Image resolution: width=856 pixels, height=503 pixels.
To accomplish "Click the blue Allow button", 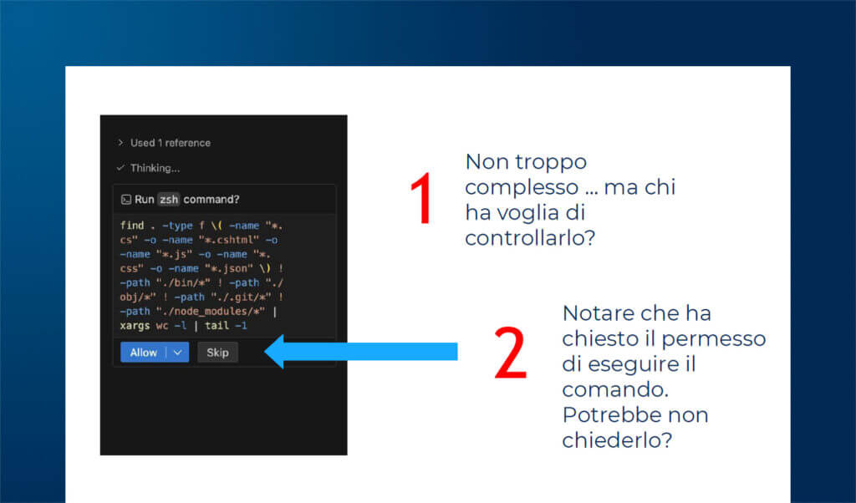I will [143, 353].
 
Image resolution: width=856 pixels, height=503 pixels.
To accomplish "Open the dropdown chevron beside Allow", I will [177, 353].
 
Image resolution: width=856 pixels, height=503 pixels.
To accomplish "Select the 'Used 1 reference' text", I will [171, 143].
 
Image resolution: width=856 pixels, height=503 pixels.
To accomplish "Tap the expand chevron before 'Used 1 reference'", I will [121, 143].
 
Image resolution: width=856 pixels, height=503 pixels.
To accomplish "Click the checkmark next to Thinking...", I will [121, 168].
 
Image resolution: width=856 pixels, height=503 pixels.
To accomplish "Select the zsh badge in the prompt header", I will [169, 200].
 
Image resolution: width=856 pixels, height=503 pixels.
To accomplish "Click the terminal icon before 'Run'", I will [125, 200].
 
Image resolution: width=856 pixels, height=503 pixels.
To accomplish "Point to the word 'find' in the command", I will [132, 226].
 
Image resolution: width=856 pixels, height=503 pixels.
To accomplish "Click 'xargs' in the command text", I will [135, 325].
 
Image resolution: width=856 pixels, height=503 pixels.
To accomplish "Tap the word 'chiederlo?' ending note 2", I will [617, 440].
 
